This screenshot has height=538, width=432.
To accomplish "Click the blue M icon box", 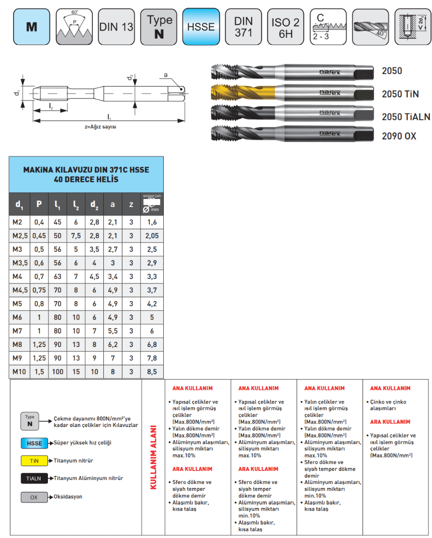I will pos(31,27).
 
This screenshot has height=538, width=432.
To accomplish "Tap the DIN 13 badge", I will pos(116,27).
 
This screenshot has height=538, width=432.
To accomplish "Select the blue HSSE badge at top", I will pos(201,27).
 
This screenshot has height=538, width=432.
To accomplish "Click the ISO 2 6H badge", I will pos(286,27).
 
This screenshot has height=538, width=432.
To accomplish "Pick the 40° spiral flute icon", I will pos(371,27).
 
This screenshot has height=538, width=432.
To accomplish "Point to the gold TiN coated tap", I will pos(292,93).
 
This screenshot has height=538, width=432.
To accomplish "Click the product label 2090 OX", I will pos(399,136).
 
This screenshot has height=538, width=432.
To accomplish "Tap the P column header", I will pos(39,204).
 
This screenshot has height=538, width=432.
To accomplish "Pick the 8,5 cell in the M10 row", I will pos(152,371).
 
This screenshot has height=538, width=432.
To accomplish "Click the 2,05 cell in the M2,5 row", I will pos(152,235).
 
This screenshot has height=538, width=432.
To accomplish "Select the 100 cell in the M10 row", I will pos(57,371).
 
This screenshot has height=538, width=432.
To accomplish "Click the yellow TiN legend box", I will pos(34,460).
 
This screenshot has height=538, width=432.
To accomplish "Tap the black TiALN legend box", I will pos(34,478).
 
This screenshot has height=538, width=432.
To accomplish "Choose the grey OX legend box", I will pos(34,497).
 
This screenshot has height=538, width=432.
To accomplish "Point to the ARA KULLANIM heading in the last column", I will pos(390,422).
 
